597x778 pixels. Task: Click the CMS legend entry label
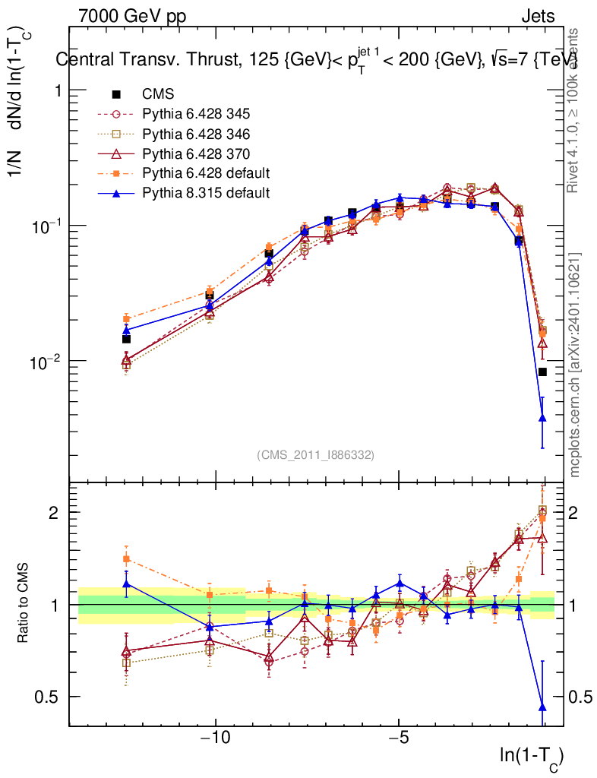coord(158,94)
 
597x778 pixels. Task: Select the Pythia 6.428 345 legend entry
coord(196,114)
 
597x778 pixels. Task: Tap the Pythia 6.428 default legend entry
coord(206,173)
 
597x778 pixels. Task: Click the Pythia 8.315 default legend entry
coord(206,193)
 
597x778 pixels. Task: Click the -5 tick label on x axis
coord(399,738)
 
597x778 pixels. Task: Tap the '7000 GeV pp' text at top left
coord(132,16)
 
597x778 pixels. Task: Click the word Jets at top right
coord(538,16)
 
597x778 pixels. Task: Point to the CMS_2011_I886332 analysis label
coord(315,454)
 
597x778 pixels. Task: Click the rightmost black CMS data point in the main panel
coord(542,372)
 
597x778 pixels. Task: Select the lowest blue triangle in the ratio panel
coord(542,707)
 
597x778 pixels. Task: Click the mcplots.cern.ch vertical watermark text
coord(575,365)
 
